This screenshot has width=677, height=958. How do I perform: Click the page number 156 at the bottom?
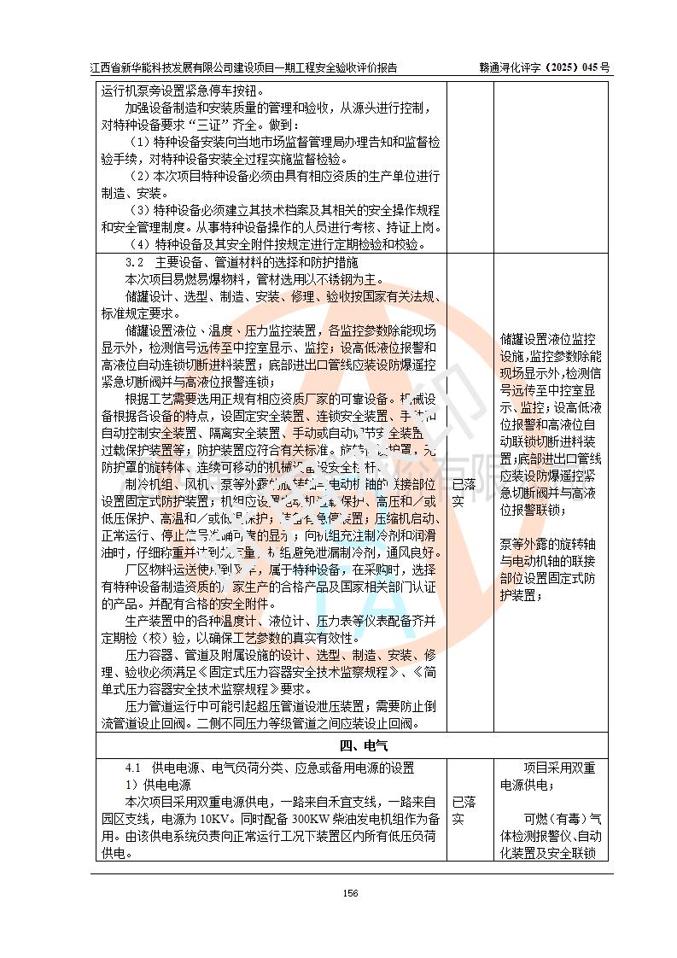coord(349,893)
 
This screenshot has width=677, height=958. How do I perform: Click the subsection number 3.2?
coord(134,261)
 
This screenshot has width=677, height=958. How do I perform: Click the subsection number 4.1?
coord(134,768)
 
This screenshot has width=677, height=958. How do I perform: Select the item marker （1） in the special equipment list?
coord(140,141)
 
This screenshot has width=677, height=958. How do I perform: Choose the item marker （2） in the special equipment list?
coord(140,175)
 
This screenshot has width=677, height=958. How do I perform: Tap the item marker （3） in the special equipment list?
coord(140,209)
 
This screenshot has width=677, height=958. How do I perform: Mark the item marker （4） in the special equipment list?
coord(140,244)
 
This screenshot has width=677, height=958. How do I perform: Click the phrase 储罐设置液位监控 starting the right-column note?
coord(548,340)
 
